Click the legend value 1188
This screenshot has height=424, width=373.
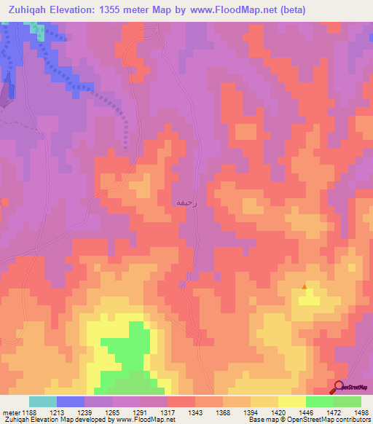29,412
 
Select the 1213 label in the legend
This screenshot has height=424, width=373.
57,412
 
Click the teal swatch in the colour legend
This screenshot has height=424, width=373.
43,401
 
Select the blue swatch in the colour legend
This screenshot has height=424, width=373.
71,401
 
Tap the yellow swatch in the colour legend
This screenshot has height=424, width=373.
292,401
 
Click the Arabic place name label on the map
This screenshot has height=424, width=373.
183,201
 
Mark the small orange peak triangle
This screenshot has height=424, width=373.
305,286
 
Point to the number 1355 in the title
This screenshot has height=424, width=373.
120,9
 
